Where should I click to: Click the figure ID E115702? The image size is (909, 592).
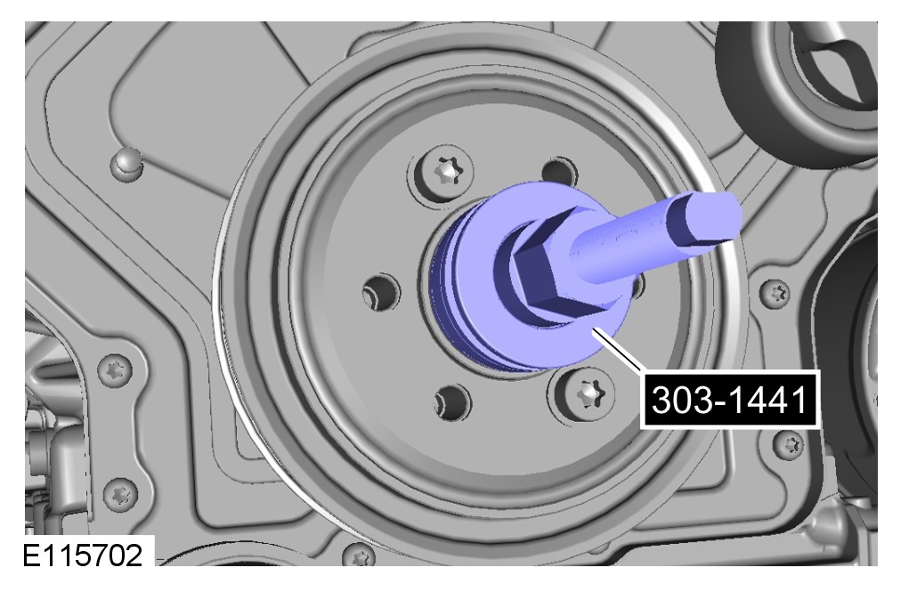82,556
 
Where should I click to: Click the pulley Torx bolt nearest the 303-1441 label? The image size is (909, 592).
588,395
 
